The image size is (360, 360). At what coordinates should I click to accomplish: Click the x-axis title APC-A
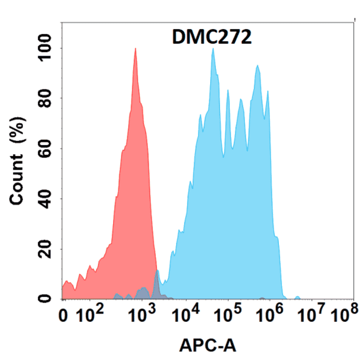(x=208, y=346)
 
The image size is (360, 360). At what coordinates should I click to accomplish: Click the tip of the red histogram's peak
(x=135, y=49)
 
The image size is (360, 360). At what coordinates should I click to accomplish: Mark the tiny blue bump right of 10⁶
(x=297, y=297)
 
